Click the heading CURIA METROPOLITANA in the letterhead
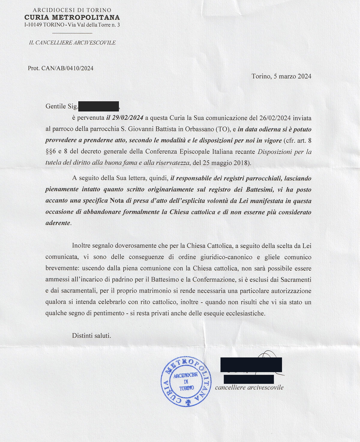coord(72,18)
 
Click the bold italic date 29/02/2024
coord(127,118)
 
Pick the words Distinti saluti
coord(91,336)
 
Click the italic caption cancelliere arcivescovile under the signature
coord(249,387)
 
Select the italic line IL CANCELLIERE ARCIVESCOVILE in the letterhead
coord(72,43)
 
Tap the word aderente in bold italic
coord(58,223)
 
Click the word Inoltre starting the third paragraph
coord(82,246)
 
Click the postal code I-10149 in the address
coord(33,25)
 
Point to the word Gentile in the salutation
coord(55,106)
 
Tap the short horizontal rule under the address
coord(72,33)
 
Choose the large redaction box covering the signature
coord(251,365)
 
